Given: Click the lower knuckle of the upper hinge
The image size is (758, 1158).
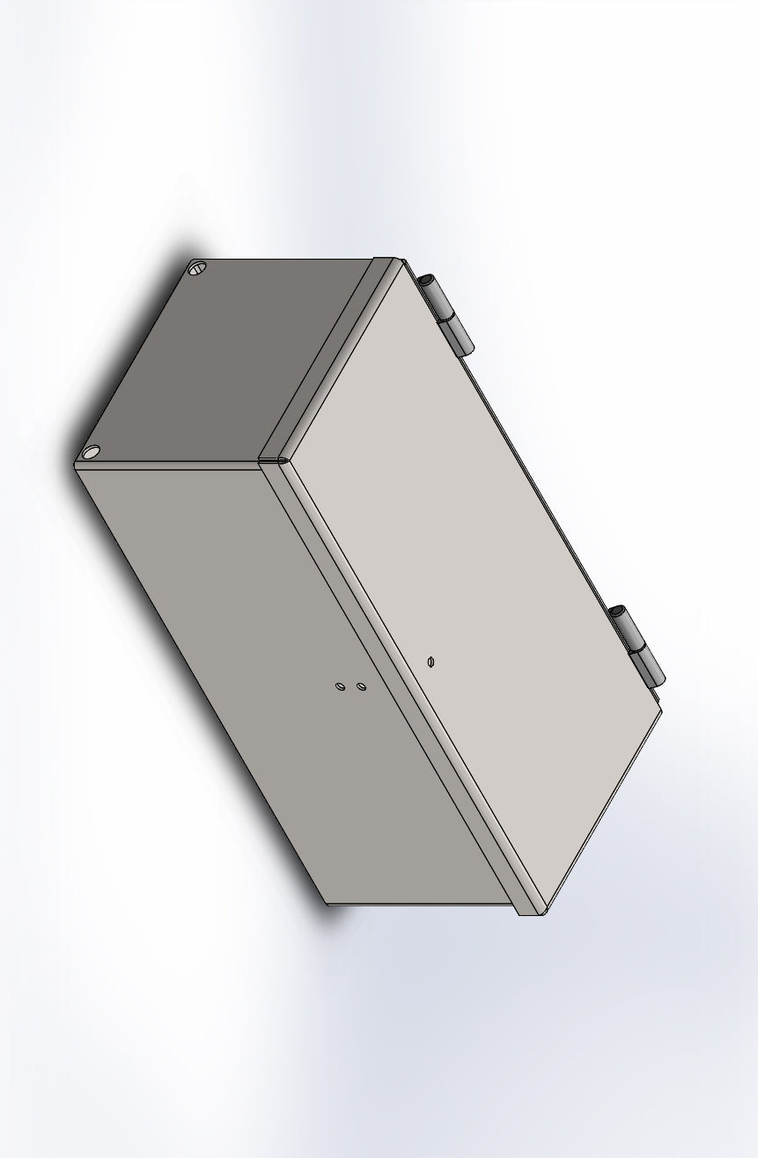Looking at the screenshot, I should coord(456,335).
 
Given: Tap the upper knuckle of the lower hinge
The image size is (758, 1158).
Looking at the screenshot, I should coord(628,627).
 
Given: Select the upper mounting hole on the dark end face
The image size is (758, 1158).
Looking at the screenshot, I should coord(197,268).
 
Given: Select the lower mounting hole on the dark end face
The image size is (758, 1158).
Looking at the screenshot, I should coord(90,452).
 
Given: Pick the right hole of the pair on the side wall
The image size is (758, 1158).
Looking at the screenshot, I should coord(361,685).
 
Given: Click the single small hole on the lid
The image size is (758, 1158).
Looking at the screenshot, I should coord(430,661).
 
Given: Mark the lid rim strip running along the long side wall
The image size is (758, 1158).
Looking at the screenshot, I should coord(405,686).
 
